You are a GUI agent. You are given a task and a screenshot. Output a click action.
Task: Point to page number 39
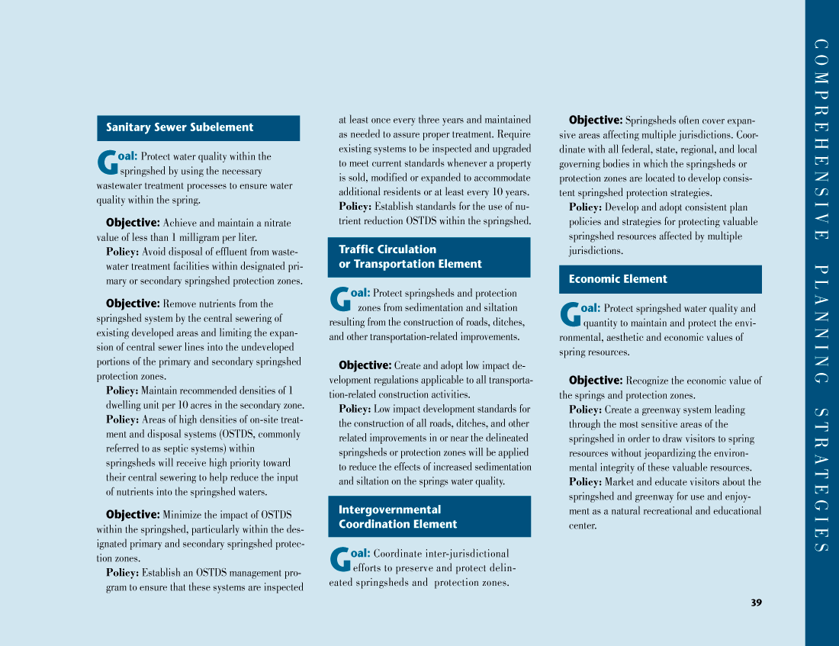[x=755, y=603]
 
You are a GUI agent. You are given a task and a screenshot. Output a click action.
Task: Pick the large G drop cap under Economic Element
[x=569, y=314]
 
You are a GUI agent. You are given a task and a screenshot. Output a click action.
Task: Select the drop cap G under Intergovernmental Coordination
[x=339, y=559]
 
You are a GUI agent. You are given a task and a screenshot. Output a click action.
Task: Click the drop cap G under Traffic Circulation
[x=339, y=299]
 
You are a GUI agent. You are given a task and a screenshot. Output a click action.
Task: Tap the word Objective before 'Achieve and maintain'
[x=133, y=223]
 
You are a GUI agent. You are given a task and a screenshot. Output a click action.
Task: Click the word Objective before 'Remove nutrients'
[x=133, y=304]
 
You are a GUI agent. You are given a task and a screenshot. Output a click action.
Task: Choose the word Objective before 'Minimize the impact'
[x=133, y=515]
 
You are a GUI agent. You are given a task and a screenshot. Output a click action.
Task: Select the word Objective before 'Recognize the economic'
[x=596, y=381]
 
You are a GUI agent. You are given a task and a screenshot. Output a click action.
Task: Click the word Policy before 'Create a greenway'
[x=585, y=410]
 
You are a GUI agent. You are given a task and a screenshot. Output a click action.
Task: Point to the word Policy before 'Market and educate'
[x=585, y=482]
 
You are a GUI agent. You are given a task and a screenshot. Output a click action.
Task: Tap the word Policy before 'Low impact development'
[x=355, y=410]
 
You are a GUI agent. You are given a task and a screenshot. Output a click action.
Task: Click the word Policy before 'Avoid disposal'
[x=122, y=252]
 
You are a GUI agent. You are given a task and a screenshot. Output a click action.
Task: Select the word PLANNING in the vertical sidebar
[x=821, y=325]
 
